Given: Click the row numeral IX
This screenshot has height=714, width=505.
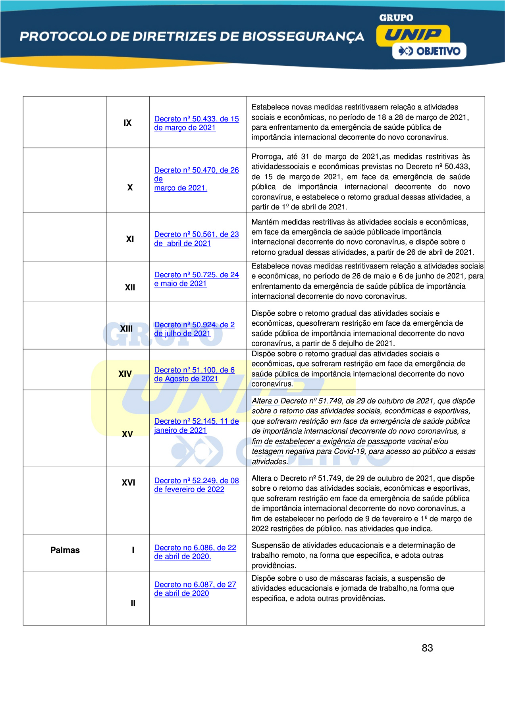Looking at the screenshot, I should [127, 123].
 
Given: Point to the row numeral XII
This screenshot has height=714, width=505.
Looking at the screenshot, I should [130, 288].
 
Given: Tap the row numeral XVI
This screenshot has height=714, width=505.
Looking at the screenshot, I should [128, 483].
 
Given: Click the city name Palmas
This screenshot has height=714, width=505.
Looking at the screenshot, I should [65, 550].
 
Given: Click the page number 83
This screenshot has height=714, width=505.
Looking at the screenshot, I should [427, 648].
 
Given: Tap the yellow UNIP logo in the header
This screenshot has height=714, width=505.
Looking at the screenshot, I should [413, 35].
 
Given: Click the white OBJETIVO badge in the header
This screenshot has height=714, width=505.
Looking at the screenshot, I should [429, 51].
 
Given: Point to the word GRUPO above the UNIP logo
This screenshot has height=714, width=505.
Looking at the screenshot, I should [396, 18].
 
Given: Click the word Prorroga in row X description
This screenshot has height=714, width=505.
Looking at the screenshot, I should [266, 157].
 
